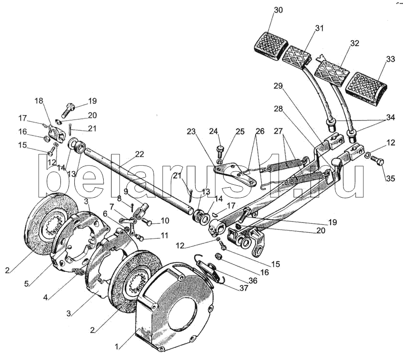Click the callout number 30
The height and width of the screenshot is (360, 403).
point(278,10)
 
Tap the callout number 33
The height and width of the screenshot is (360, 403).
point(390,59)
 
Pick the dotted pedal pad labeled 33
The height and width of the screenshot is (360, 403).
point(366,89)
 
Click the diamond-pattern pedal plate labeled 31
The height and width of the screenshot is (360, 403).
point(296,57)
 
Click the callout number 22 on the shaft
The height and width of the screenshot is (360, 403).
point(139,154)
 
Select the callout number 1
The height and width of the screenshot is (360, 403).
point(117,347)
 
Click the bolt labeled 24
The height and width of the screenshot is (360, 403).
point(220,152)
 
